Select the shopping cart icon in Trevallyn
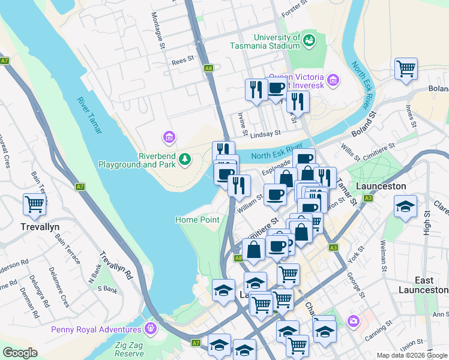(34, 204)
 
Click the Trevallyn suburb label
(38, 227)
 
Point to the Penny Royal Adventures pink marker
(149, 329)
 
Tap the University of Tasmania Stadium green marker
(309, 41)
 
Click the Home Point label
(197, 220)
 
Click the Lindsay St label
(267, 134)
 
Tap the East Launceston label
(432, 285)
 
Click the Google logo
(20, 353)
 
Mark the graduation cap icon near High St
(405, 206)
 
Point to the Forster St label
(295, 7)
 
